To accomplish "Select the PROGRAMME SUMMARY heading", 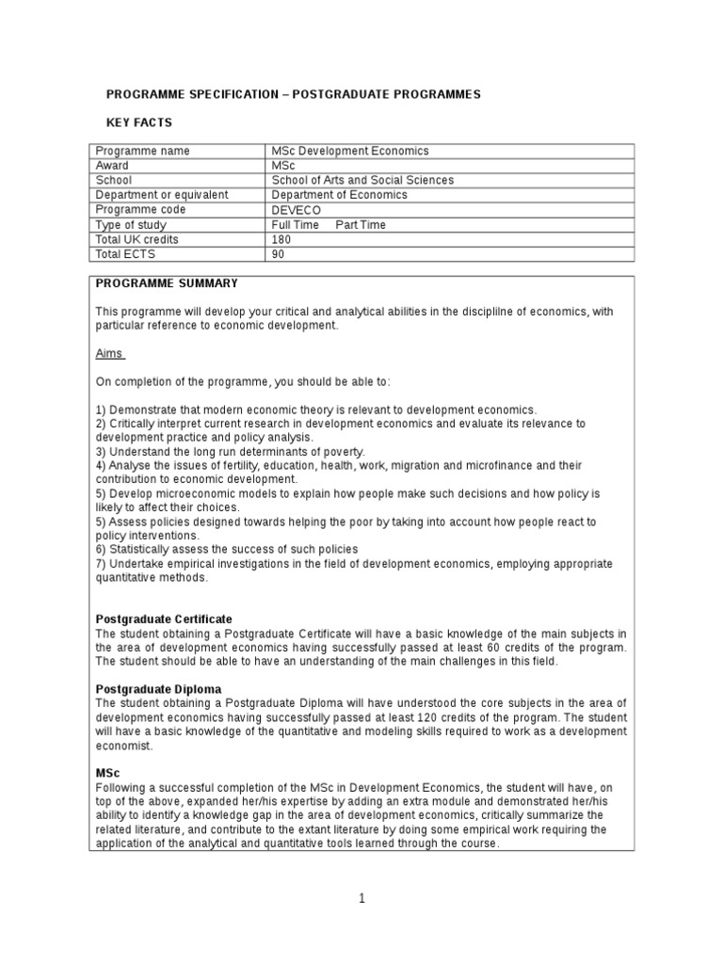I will click(167, 283).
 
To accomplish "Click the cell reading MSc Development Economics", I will click(349, 151).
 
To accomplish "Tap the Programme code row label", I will click(141, 210).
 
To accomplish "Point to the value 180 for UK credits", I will click(281, 239).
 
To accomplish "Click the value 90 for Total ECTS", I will click(278, 254).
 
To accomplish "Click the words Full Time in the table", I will click(296, 225).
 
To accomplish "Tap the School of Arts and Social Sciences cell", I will click(361, 180).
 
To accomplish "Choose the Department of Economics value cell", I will click(339, 195).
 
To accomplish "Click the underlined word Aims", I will click(109, 353).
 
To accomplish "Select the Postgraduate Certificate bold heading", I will click(164, 619).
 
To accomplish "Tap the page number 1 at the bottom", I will click(362, 899).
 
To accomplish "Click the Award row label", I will click(113, 166).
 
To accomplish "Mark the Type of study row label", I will click(132, 225).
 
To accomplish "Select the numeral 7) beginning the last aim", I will click(102, 564).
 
